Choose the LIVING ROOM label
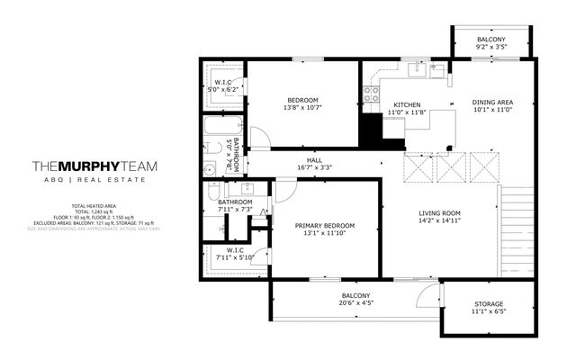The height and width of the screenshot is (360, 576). [439, 212]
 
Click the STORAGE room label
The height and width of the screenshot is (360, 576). [489, 304]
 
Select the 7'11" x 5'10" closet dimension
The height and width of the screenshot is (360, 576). [235, 258]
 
